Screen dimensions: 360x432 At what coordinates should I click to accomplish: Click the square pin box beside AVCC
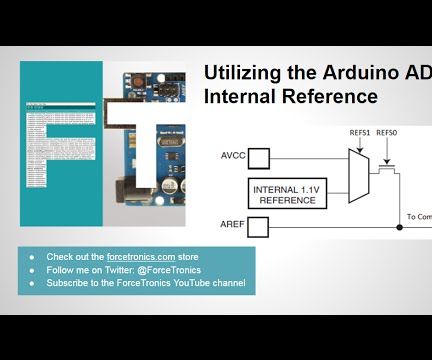coord(259,157)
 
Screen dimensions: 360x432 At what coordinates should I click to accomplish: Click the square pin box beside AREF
coord(259,227)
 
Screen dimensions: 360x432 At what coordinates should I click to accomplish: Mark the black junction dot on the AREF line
coord(399,227)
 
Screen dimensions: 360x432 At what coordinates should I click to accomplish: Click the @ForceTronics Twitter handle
coord(166,270)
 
